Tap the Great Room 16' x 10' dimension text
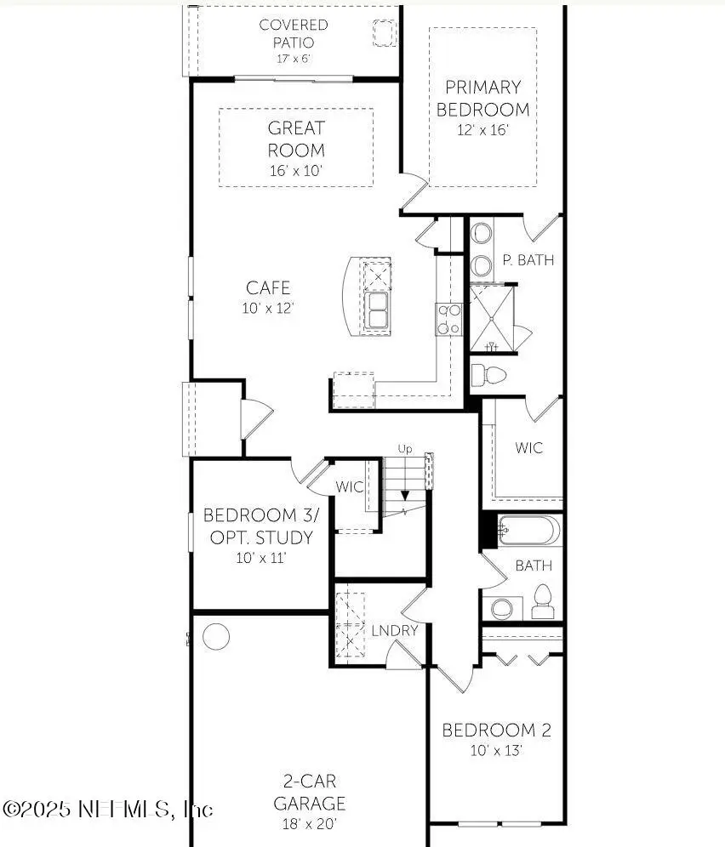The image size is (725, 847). [x=296, y=170]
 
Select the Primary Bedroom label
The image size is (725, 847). [x=482, y=98]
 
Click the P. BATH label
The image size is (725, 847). [x=528, y=260]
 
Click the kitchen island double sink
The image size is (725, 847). [x=378, y=310]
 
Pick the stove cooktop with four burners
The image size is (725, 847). [x=448, y=319]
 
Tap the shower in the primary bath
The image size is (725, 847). [x=492, y=319]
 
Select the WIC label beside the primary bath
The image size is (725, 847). [x=528, y=448]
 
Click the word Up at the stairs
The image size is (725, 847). [x=407, y=448]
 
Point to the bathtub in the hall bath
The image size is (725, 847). [x=528, y=532]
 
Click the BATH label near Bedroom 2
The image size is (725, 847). [x=534, y=566]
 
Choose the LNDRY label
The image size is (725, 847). [x=395, y=630]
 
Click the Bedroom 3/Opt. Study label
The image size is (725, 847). [x=260, y=526]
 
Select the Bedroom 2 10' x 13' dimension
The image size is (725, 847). [x=496, y=751]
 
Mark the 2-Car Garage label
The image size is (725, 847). [x=315, y=792]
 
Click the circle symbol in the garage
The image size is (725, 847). [x=216, y=636]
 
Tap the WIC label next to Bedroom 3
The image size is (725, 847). [x=350, y=487]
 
